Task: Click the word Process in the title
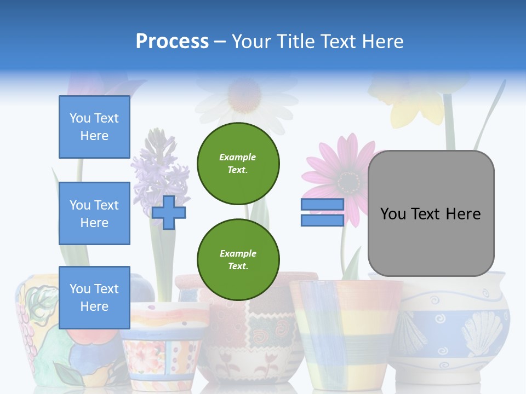click(x=172, y=41)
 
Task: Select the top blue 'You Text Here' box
click(x=94, y=127)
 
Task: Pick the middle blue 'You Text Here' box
click(x=94, y=213)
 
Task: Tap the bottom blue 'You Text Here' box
click(x=94, y=298)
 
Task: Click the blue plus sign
click(x=169, y=212)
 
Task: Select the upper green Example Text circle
click(x=238, y=164)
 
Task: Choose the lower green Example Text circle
click(x=238, y=260)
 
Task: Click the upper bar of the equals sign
click(x=322, y=205)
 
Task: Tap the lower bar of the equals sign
click(x=322, y=221)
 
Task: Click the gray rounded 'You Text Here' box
click(x=431, y=213)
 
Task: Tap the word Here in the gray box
click(x=463, y=213)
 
